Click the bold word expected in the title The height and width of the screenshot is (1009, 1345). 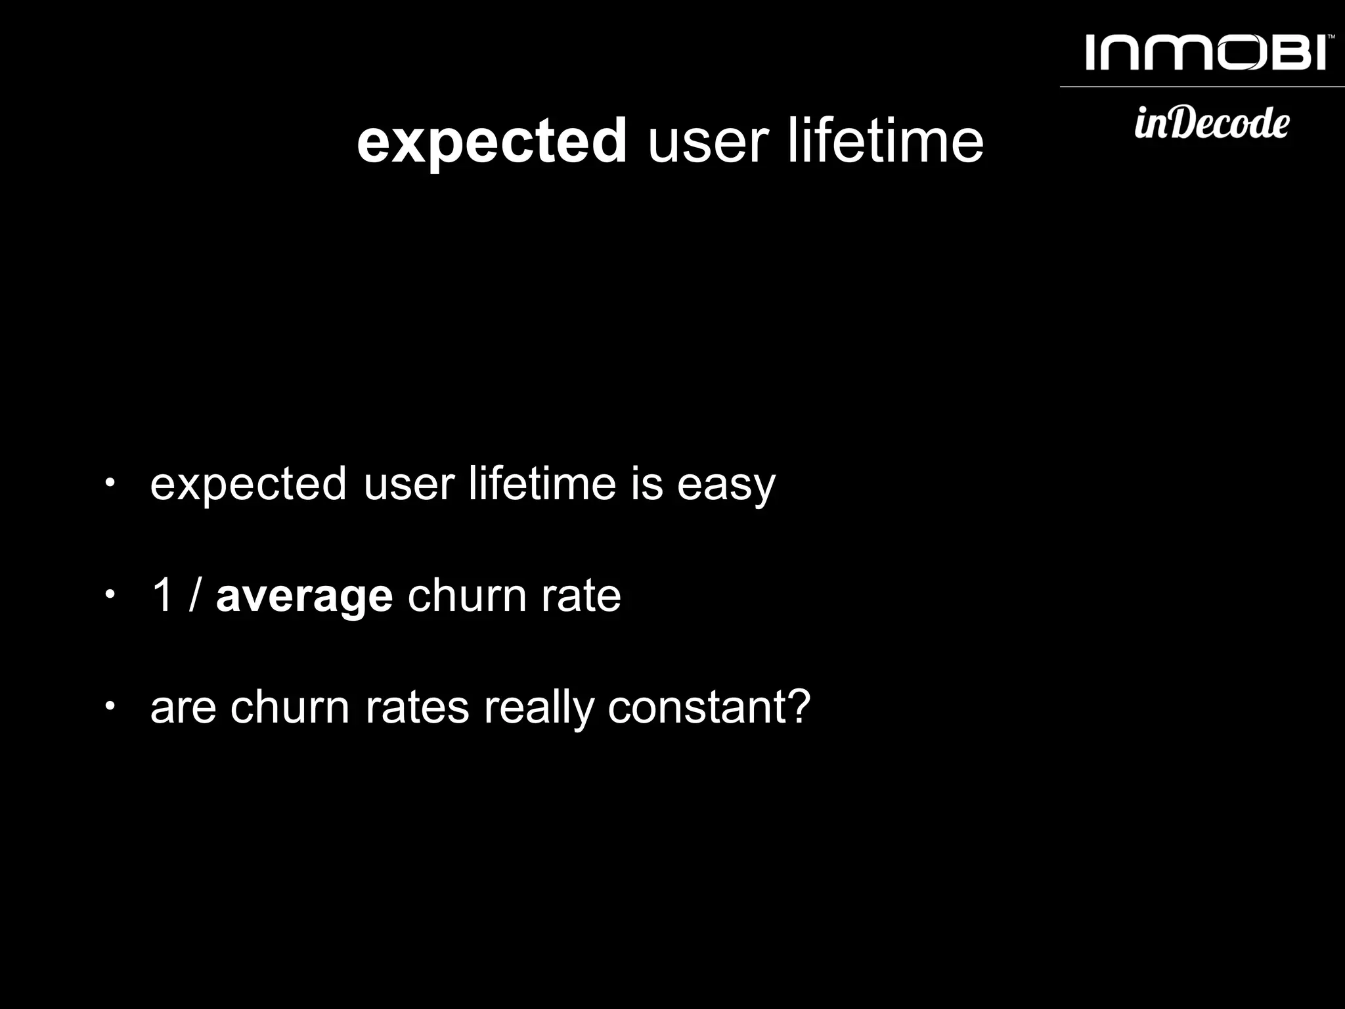tap(492, 141)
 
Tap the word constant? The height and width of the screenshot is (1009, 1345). tap(709, 707)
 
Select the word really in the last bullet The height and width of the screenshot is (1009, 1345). tap(538, 709)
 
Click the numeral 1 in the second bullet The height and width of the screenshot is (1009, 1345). tap(162, 595)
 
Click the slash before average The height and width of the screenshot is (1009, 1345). tap(194, 595)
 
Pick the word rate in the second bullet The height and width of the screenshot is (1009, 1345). tap(581, 596)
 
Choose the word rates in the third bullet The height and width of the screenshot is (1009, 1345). tap(417, 708)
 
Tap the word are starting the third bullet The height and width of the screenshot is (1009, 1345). tap(183, 709)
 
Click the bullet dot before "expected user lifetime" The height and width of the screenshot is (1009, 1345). tap(110, 483)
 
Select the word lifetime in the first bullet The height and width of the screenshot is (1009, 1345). tap(542, 483)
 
